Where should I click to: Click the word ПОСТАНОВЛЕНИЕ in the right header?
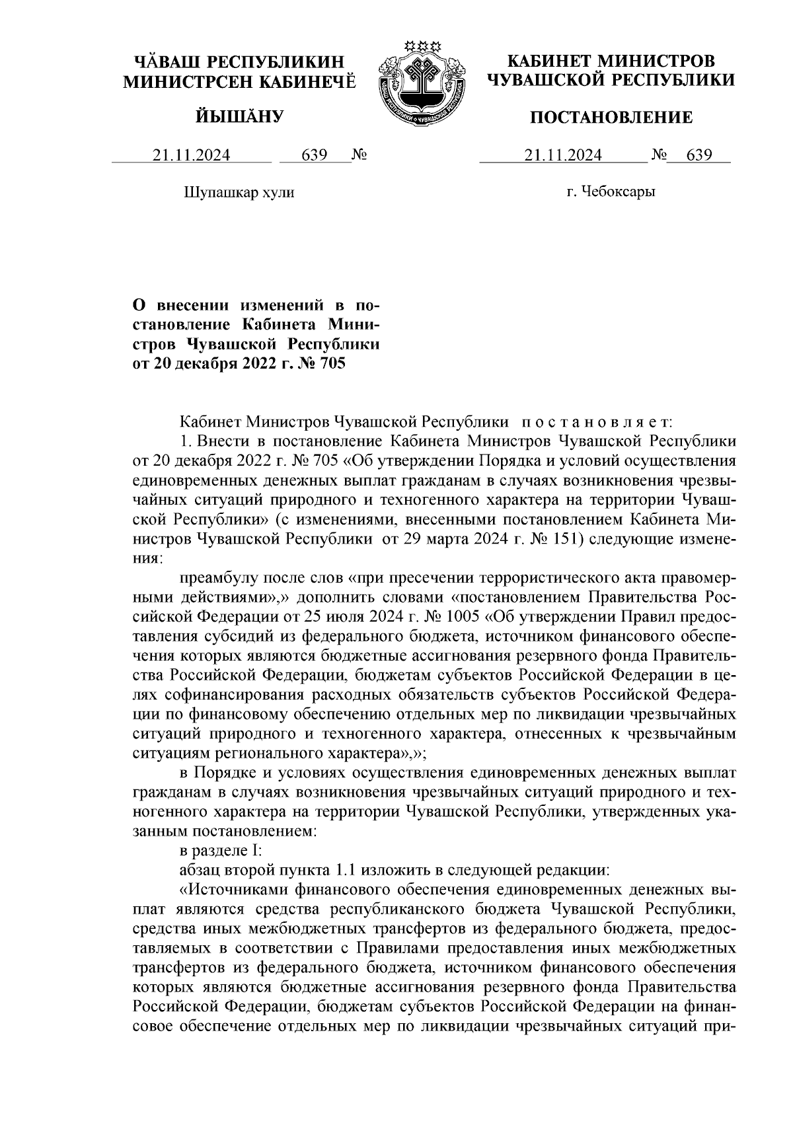[x=613, y=118]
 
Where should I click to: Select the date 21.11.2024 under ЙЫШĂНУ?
[x=192, y=155]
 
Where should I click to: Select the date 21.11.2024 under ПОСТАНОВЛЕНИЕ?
[x=563, y=155]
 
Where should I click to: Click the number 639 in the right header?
[x=699, y=155]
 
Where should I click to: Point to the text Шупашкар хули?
[x=237, y=192]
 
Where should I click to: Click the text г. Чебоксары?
[x=611, y=192]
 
